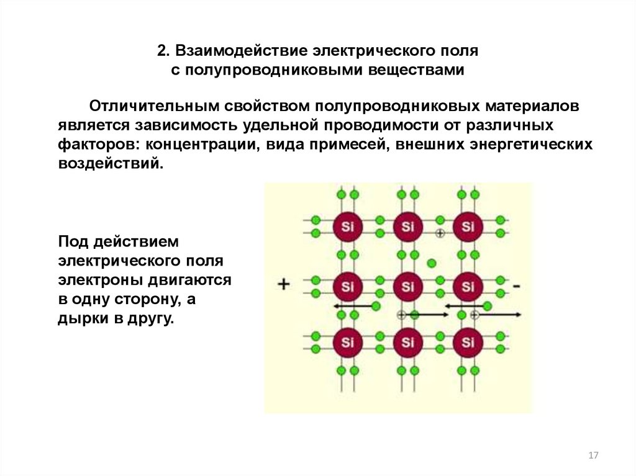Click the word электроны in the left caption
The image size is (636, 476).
pos(98,280)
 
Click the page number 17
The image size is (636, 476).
pos(593,456)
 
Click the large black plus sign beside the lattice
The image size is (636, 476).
pos(283,285)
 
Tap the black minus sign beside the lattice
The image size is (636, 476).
pos(517,286)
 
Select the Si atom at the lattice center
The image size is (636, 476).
pos(407,286)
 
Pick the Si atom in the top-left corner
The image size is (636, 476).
pos(347,227)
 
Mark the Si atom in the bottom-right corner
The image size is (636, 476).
pos(468,341)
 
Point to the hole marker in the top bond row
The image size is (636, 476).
pos(440,233)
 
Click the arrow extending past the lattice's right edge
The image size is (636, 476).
pos(499,315)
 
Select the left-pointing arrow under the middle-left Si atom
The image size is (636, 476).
pos(351,306)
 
